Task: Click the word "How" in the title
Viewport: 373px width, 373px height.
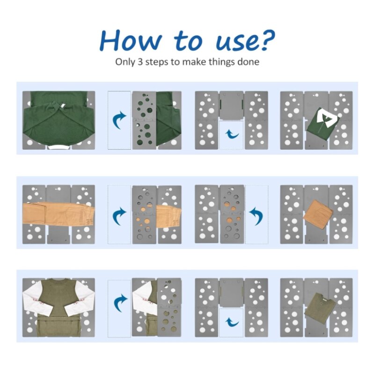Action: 131,40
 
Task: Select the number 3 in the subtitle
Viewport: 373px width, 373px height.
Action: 140,62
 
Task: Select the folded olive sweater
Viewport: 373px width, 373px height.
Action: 321,308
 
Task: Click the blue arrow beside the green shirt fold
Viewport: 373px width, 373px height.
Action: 119,120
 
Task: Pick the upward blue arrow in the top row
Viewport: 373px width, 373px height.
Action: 232,134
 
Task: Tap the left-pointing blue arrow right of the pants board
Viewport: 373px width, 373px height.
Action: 256,216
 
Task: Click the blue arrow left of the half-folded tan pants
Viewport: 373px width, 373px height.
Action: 119,216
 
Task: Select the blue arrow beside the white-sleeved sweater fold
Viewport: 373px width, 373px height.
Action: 120,303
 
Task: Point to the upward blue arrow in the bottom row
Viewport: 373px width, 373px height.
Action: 232,322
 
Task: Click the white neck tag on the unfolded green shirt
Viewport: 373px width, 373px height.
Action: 63,106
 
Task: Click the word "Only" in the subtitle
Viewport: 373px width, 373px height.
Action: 125,62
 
